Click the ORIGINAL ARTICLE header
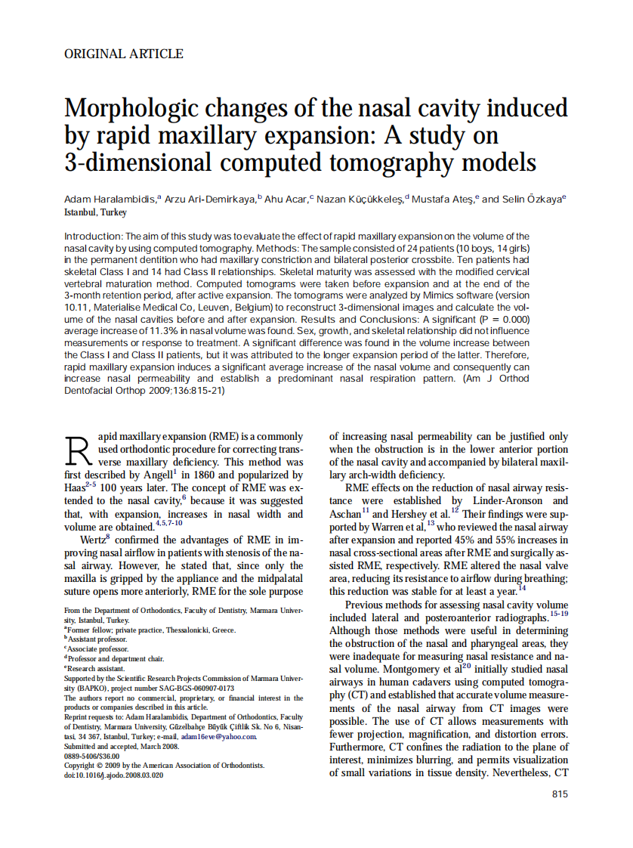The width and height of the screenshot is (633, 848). pos(123,54)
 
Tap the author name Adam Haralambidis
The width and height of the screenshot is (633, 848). pos(110,199)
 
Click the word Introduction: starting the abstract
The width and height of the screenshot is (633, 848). pos(94,237)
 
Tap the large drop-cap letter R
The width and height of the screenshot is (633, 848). pos(79,451)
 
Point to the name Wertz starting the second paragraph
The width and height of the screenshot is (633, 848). pos(94,540)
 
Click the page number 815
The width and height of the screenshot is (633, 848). pos(559,794)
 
